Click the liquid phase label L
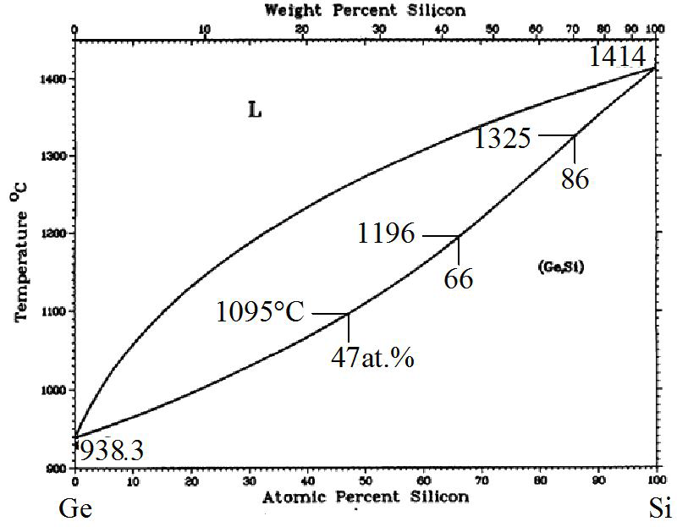253,110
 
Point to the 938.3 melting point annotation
110,451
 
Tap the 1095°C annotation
260,312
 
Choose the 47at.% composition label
372,357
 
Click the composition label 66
458,278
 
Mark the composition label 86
575,179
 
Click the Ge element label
74,509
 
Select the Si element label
661,509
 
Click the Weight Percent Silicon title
365,10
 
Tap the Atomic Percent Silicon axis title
365,497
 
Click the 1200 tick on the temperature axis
58,234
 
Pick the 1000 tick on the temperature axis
58,390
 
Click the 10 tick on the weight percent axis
204,30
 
